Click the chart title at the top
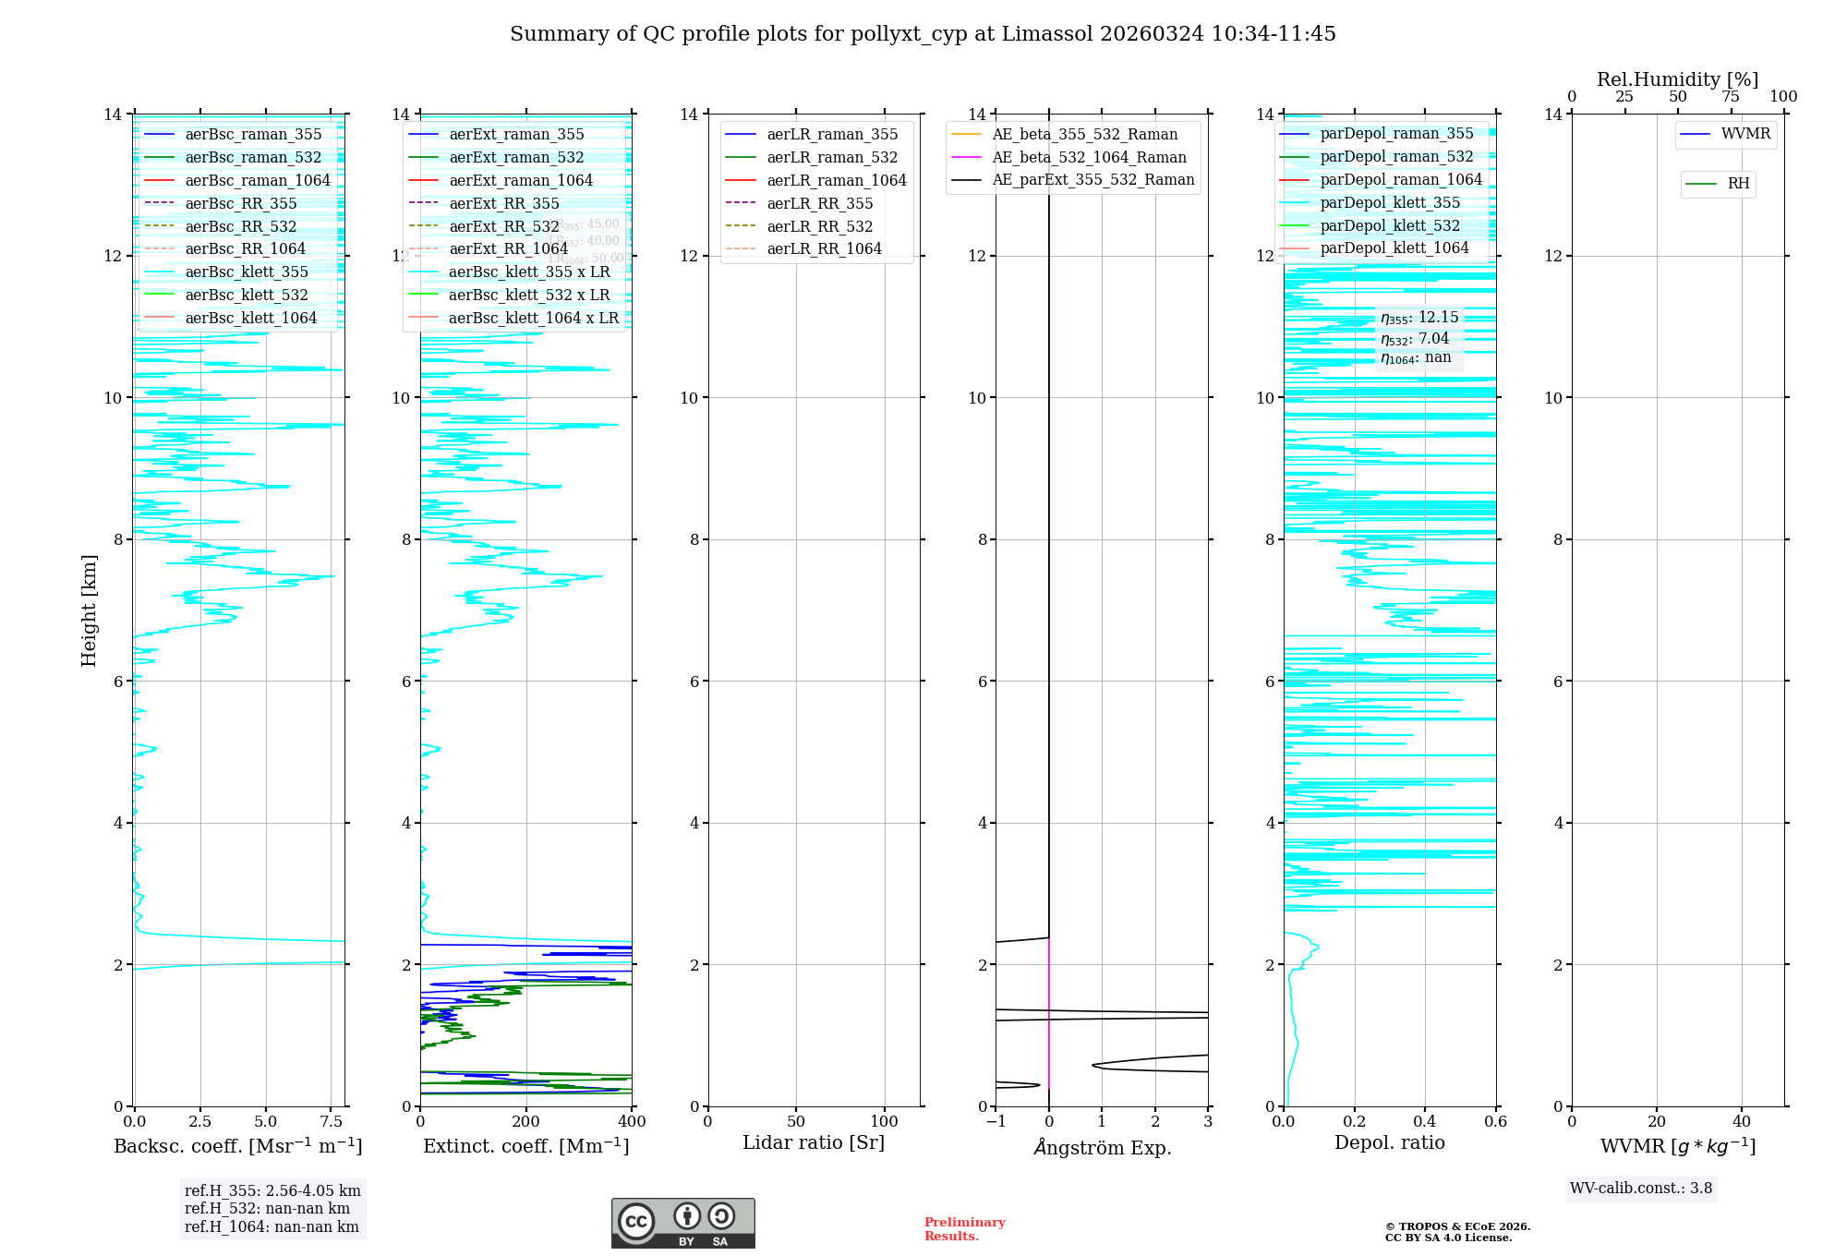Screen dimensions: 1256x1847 (x=923, y=34)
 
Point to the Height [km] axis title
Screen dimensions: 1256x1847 (x=89, y=610)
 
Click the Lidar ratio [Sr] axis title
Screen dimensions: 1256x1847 (x=814, y=1142)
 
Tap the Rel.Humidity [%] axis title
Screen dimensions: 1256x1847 (x=1677, y=79)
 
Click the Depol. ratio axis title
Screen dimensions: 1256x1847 (x=1389, y=1142)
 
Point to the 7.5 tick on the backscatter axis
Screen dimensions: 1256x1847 (x=332, y=1122)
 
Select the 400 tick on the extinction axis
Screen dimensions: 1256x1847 (x=632, y=1122)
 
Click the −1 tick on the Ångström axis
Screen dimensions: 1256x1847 (x=996, y=1122)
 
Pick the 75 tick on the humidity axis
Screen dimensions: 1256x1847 (x=1731, y=97)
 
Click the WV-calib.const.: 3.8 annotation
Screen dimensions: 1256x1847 (x=1641, y=1189)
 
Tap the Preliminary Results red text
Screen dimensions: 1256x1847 (x=964, y=1229)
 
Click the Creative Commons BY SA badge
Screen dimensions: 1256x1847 (x=682, y=1223)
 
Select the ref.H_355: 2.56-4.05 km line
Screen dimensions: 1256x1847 (x=272, y=1191)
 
